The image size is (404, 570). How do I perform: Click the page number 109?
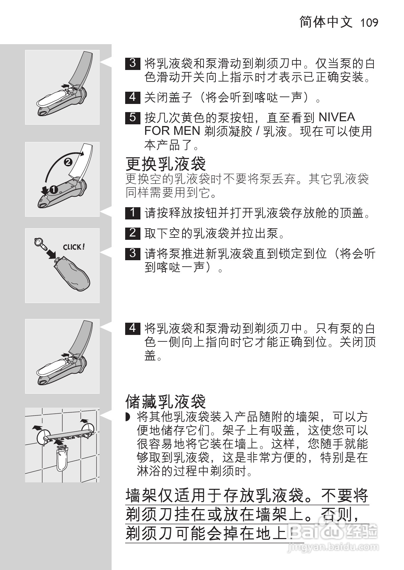pyautogui.click(x=369, y=23)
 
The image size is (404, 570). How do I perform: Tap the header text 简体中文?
pyautogui.click(x=326, y=22)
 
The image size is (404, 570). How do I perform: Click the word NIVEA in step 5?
pyautogui.click(x=337, y=118)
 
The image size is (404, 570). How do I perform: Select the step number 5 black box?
pyautogui.click(x=133, y=118)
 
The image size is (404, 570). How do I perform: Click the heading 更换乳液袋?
pyautogui.click(x=166, y=164)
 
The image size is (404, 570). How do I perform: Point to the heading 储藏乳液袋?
pyautogui.click(x=166, y=402)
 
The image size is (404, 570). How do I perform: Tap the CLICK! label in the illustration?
pyautogui.click(x=74, y=247)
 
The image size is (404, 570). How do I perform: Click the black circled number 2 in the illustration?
pyautogui.click(x=68, y=162)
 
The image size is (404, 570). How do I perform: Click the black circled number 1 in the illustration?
pyautogui.click(x=54, y=189)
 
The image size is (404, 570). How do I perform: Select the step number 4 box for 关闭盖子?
pyautogui.click(x=133, y=97)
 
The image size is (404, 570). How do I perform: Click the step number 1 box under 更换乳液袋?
pyautogui.click(x=133, y=213)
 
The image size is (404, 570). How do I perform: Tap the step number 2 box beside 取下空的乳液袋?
pyautogui.click(x=133, y=233)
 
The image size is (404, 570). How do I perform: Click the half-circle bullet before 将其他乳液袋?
pyautogui.click(x=128, y=417)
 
